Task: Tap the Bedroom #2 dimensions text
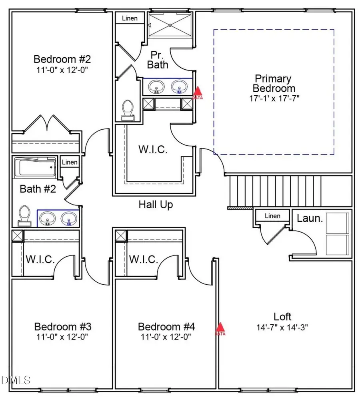pos(62,70)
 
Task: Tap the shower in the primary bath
pos(170,25)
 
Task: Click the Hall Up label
pos(156,205)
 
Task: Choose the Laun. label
pos(310,219)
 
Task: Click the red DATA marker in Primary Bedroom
pos(198,93)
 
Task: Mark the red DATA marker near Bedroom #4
pos(220,329)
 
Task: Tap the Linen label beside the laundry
pos(272,216)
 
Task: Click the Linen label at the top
pos(130,18)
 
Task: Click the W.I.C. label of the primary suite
pos(153,150)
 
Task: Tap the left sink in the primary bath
pos(156,86)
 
